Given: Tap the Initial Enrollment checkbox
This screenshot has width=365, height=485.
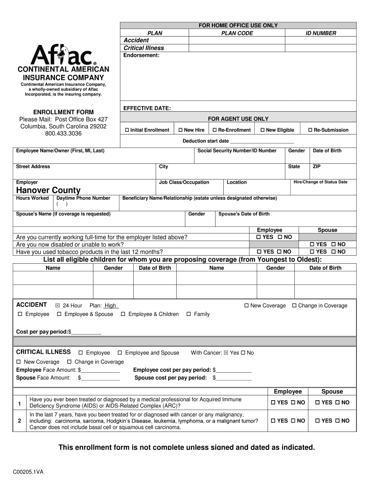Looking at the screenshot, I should tap(127, 130).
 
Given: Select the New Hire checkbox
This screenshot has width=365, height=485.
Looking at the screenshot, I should tap(180, 130).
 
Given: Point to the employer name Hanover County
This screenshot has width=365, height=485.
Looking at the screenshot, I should tap(48, 190).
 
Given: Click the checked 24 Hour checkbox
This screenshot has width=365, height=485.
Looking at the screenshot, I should tap(58, 306).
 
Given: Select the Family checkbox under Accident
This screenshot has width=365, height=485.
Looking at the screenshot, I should tap(189, 314).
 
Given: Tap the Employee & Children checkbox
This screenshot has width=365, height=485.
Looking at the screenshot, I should tap(123, 314).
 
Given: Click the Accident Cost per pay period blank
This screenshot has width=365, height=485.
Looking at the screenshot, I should tap(86, 332).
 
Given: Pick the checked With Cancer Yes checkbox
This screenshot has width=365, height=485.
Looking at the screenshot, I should tap(226, 353).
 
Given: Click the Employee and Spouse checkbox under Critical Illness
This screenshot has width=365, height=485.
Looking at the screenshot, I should tap(120, 353).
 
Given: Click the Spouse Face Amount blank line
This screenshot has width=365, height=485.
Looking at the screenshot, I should tap(100, 378).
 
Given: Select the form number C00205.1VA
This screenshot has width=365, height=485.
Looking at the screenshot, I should tap(29, 472).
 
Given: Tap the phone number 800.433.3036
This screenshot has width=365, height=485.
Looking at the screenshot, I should tap(63, 134).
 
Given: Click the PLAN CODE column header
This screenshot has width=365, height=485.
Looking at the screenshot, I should tap(237, 33).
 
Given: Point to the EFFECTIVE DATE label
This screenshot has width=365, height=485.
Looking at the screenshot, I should tap(146, 108).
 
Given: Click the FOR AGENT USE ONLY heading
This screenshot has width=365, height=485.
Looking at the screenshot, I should tap(238, 119).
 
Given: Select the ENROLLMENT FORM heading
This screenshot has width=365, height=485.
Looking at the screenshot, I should tap(63, 112).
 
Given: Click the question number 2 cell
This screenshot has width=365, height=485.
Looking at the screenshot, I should tap(19, 421).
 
